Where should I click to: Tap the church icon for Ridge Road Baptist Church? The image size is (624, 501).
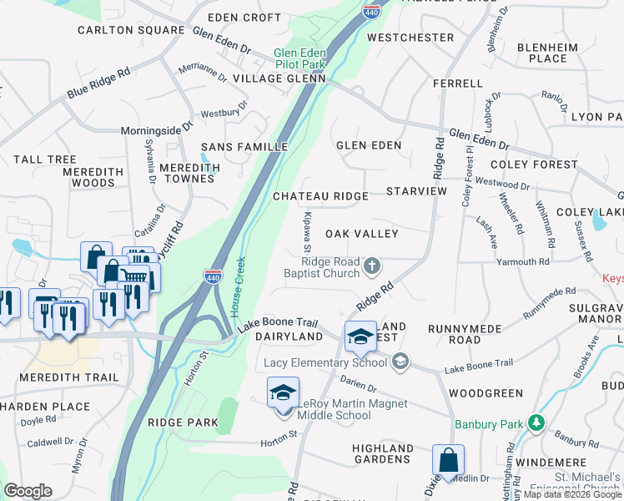click(x=372, y=266)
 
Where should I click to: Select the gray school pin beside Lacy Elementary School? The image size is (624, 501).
click(x=401, y=362)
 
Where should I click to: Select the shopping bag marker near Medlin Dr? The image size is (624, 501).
click(x=448, y=459)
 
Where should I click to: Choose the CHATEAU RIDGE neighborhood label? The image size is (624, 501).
click(x=320, y=196)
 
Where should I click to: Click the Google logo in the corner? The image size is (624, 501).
click(x=28, y=491)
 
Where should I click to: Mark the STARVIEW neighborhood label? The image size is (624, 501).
click(x=417, y=192)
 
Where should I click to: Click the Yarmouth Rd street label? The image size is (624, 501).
click(x=522, y=261)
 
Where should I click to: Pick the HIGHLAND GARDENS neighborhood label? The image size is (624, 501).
click(x=383, y=453)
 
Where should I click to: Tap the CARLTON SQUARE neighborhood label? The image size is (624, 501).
click(x=131, y=30)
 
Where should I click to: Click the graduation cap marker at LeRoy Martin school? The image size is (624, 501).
click(x=283, y=393)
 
